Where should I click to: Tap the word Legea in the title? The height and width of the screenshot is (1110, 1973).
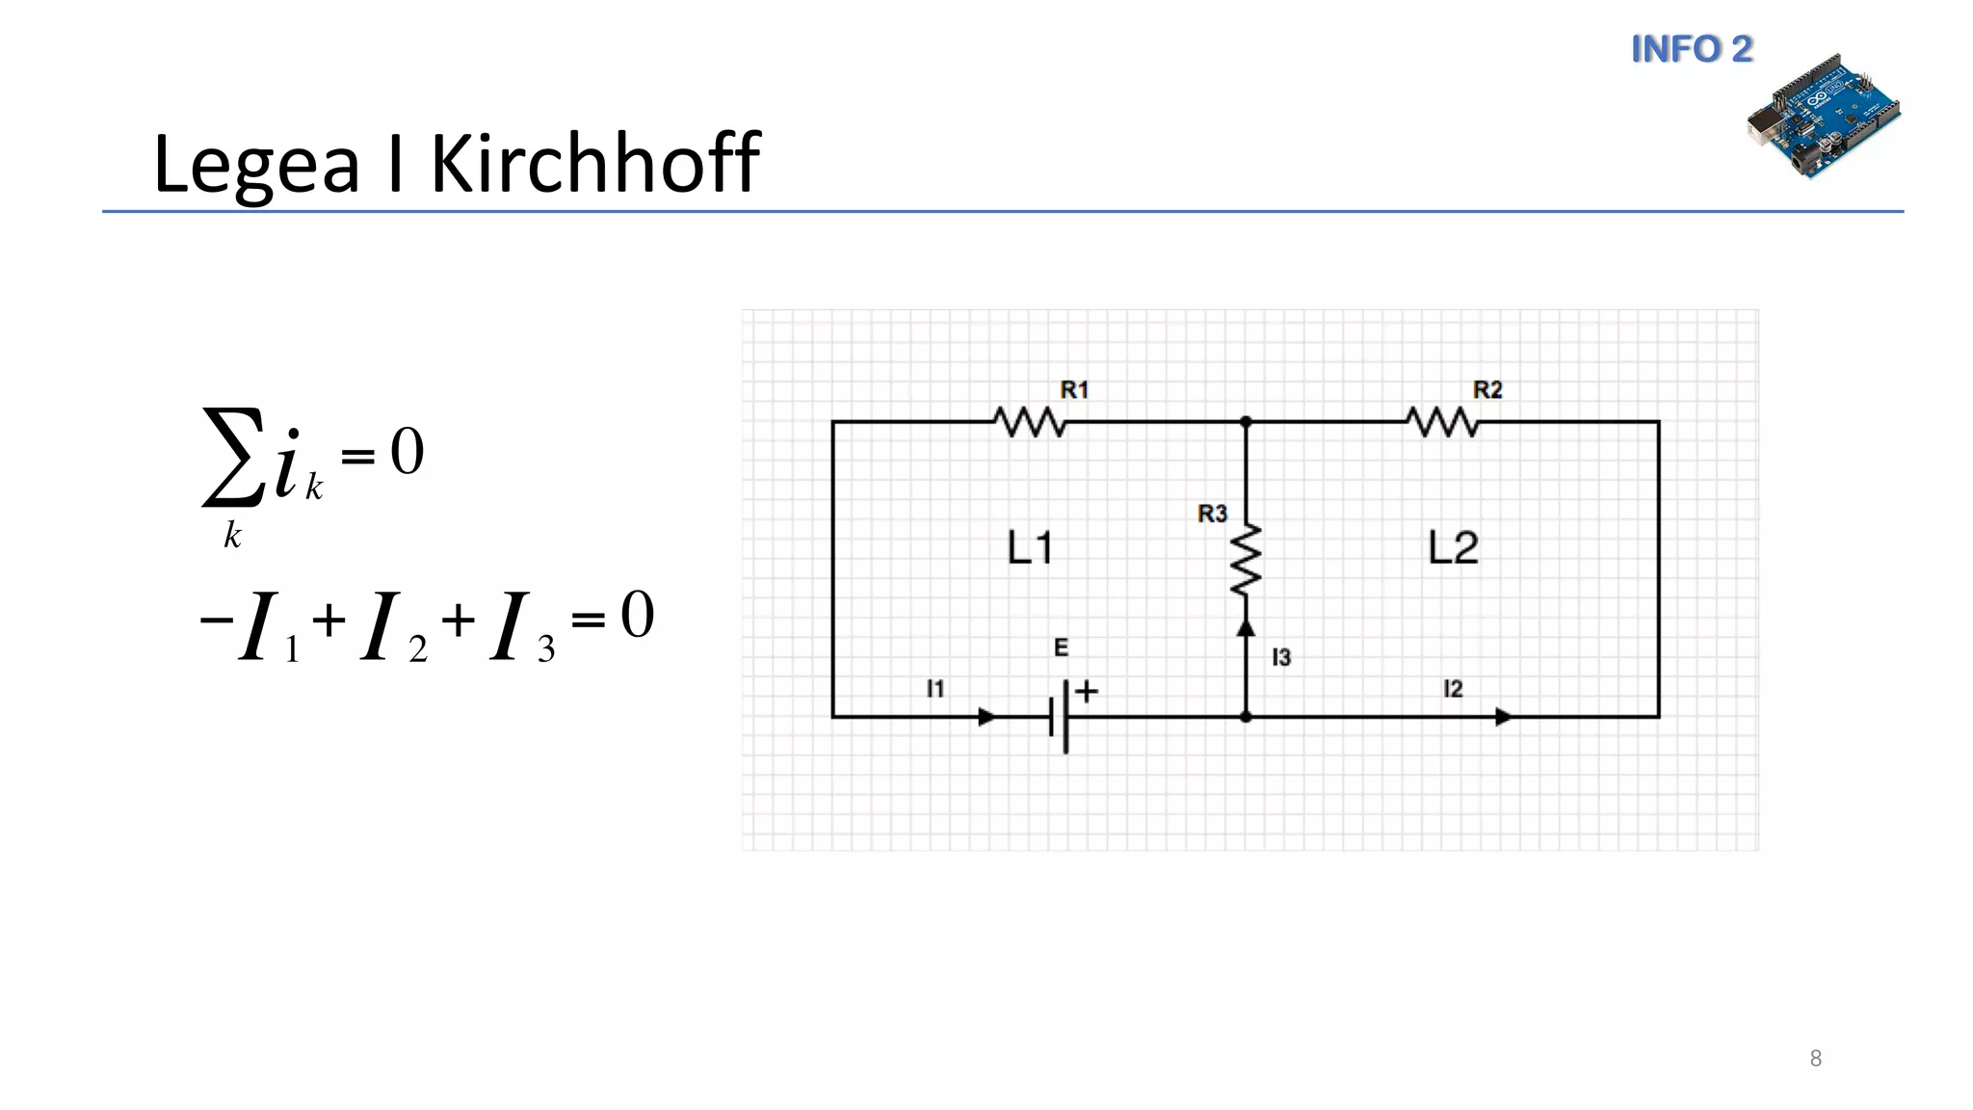pos(256,164)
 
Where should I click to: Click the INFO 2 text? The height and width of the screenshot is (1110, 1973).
pos(1692,49)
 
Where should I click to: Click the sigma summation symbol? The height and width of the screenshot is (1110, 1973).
pos(232,457)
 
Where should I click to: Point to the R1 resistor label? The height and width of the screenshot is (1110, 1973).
pos(1074,390)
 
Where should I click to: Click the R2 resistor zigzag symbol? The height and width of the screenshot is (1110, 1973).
pos(1441,422)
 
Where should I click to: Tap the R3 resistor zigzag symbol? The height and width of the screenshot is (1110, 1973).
pos(1246,560)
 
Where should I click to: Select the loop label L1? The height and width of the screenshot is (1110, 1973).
pos(1030,548)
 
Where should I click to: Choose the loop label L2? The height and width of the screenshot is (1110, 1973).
pos(1453,547)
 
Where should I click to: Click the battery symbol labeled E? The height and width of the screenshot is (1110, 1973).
pos(1060,717)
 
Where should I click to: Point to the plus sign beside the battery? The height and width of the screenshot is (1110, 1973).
pos(1087,691)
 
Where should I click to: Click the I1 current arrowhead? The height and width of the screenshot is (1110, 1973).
pos(987,717)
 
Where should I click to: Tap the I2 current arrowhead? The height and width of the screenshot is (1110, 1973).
pos(1504,717)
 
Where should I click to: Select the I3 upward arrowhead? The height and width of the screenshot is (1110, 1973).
pos(1246,628)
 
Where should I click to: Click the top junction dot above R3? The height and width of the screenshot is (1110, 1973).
pos(1246,422)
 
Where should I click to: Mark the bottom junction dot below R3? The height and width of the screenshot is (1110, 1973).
pos(1246,717)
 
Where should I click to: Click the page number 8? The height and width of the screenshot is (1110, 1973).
pos(1816,1059)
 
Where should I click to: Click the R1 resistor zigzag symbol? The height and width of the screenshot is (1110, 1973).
pos(1030,422)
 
